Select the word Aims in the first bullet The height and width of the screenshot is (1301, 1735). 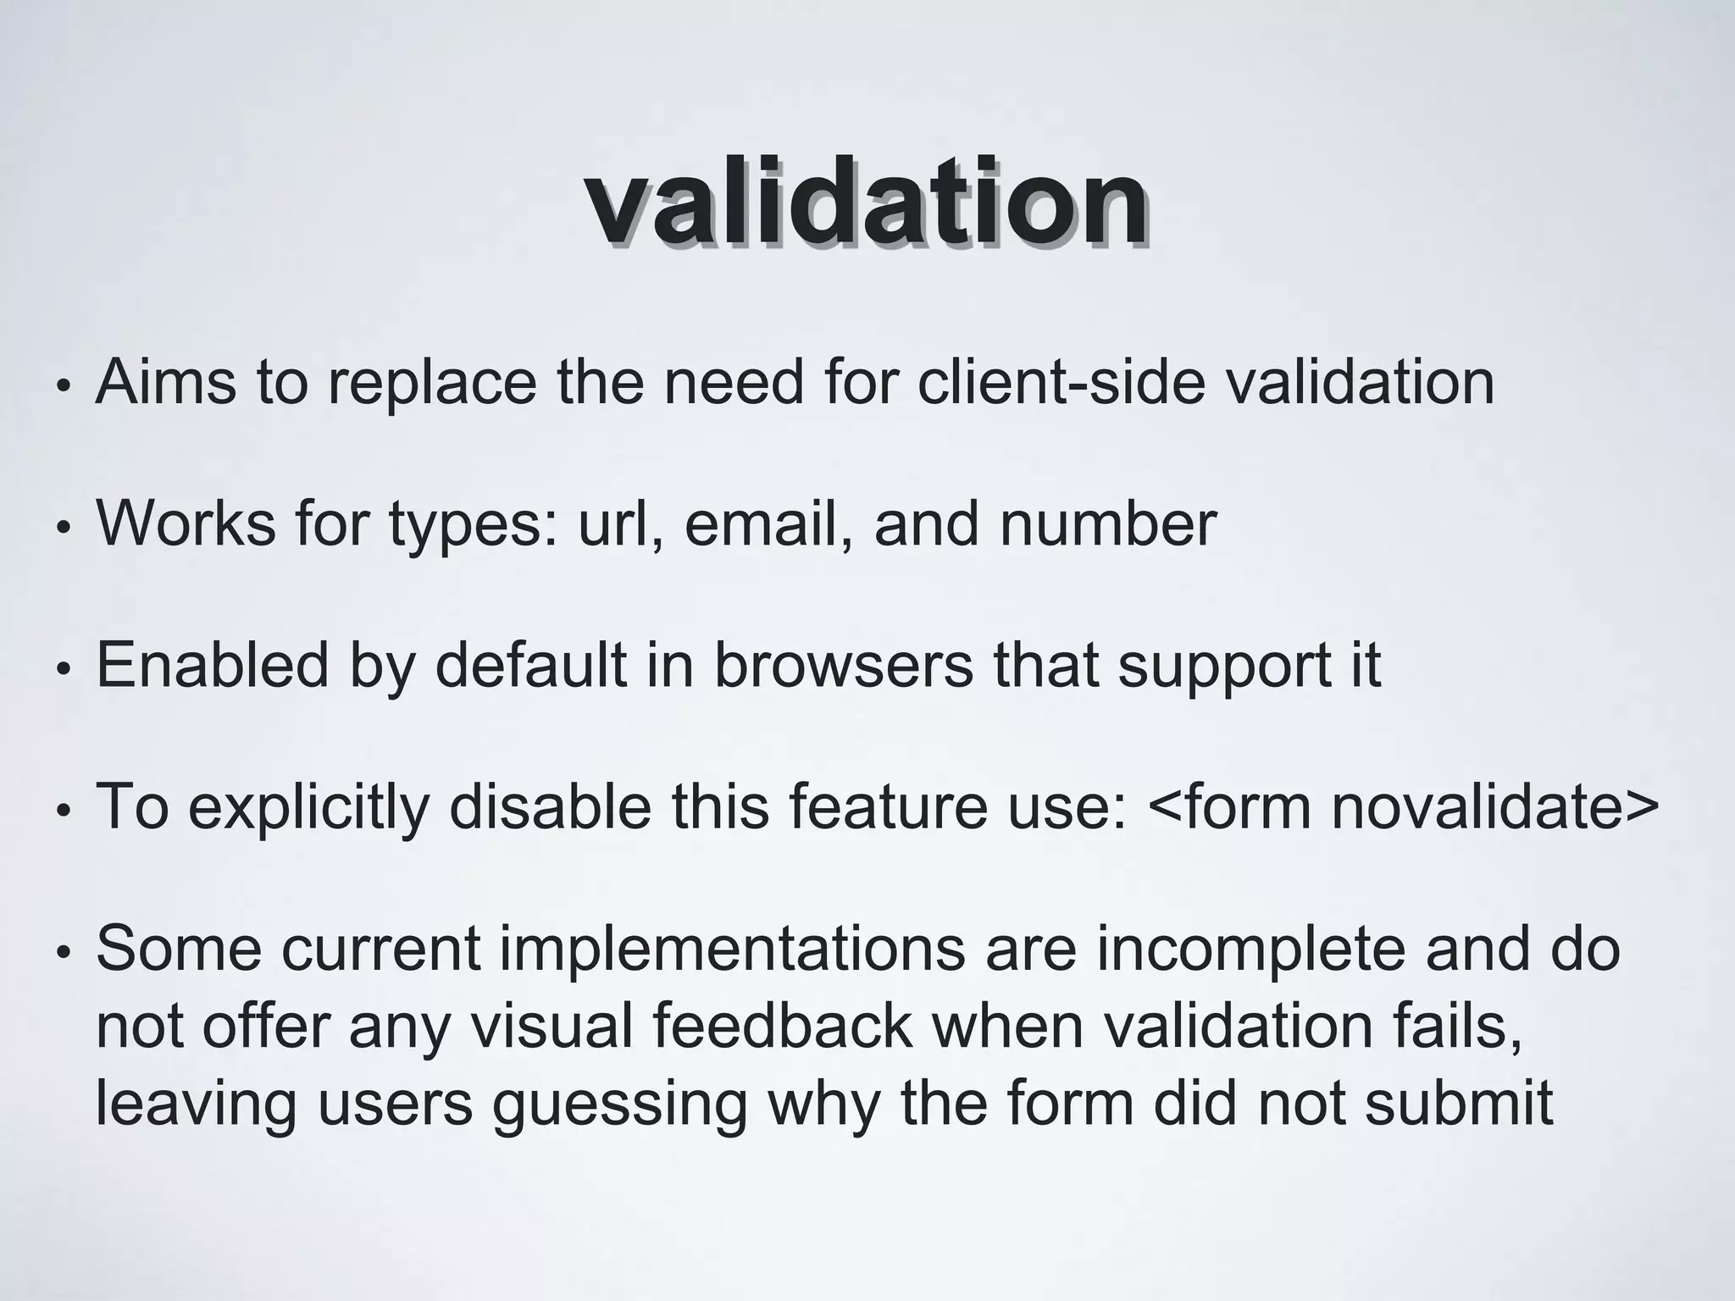(x=166, y=382)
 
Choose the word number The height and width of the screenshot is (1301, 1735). (x=1108, y=523)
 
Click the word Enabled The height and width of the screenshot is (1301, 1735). (x=212, y=665)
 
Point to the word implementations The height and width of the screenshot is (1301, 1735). (x=732, y=949)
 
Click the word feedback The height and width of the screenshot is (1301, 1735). (x=783, y=1026)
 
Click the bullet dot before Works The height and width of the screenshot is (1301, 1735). (x=62, y=529)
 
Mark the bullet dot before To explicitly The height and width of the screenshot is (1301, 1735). (x=62, y=811)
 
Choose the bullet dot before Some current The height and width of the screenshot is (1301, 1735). (x=62, y=953)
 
